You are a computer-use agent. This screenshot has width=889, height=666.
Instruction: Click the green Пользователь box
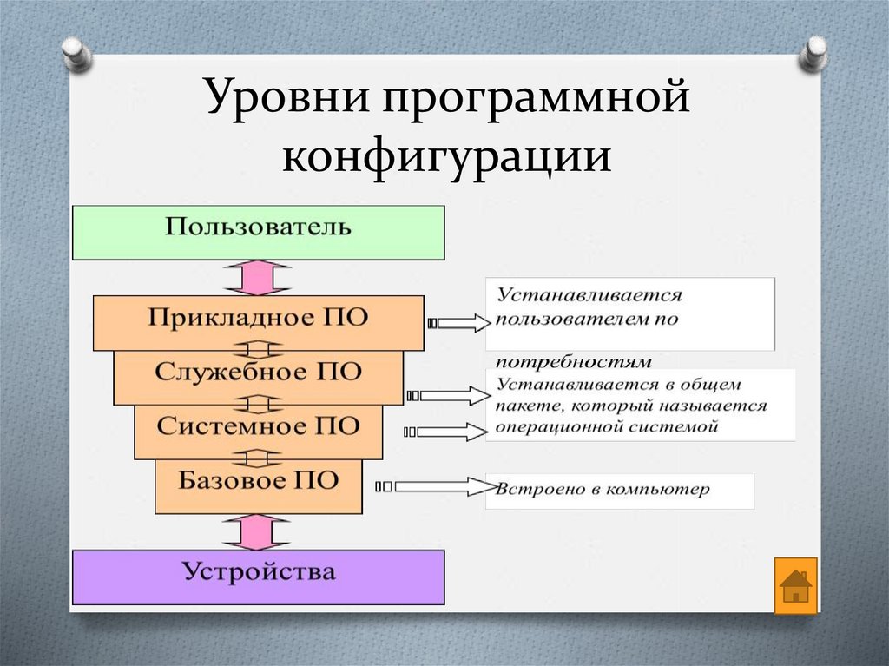pos(258,232)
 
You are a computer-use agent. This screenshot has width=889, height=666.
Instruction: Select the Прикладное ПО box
pos(258,322)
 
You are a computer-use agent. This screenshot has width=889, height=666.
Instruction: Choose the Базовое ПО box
pos(258,485)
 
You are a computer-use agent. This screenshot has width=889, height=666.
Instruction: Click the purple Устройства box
pos(258,576)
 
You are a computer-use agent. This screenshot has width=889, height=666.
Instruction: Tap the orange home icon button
pos(795,586)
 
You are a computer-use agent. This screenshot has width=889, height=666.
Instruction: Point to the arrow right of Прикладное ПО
pos(458,324)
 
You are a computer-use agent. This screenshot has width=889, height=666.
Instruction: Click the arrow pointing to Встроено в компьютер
pos(434,487)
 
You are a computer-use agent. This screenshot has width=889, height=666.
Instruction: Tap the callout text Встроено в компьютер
pos(603,490)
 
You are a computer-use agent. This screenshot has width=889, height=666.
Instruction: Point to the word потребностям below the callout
pos(573,360)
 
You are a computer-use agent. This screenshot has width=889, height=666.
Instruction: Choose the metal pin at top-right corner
pos(813,54)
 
